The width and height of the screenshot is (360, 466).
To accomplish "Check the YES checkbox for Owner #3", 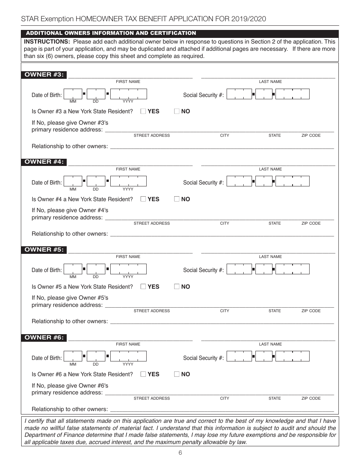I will pyautogui.click(x=143, y=111).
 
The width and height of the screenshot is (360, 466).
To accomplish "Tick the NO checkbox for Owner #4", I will pyautogui.click(x=177, y=199).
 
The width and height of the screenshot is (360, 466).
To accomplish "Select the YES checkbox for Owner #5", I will pyautogui.click(x=143, y=286).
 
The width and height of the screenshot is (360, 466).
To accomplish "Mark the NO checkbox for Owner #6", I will pyautogui.click(x=177, y=374).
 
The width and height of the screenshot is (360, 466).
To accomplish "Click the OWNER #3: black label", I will pyautogui.click(x=44, y=75).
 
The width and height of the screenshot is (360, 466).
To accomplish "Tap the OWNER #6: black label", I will pyautogui.click(x=44, y=338).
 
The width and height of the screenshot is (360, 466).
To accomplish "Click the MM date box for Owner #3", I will pyautogui.click(x=73, y=94).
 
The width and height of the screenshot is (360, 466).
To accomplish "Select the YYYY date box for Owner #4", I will pyautogui.click(x=128, y=182).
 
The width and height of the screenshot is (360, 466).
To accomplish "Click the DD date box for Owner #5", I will pyautogui.click(x=96, y=269).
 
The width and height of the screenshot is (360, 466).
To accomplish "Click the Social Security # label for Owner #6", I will pyautogui.click(x=203, y=358).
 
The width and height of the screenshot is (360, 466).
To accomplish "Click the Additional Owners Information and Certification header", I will pyautogui.click(x=111, y=33).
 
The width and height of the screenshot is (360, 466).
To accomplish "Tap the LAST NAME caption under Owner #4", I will pyautogui.click(x=270, y=169).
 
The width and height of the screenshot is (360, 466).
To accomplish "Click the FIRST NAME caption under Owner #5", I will pyautogui.click(x=128, y=256).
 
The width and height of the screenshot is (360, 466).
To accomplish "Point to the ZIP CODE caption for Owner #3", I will pyautogui.click(x=311, y=135).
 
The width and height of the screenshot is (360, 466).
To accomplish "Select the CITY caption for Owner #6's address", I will pyautogui.click(x=225, y=398).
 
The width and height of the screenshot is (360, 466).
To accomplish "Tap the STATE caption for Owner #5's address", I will pyautogui.click(x=275, y=311).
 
